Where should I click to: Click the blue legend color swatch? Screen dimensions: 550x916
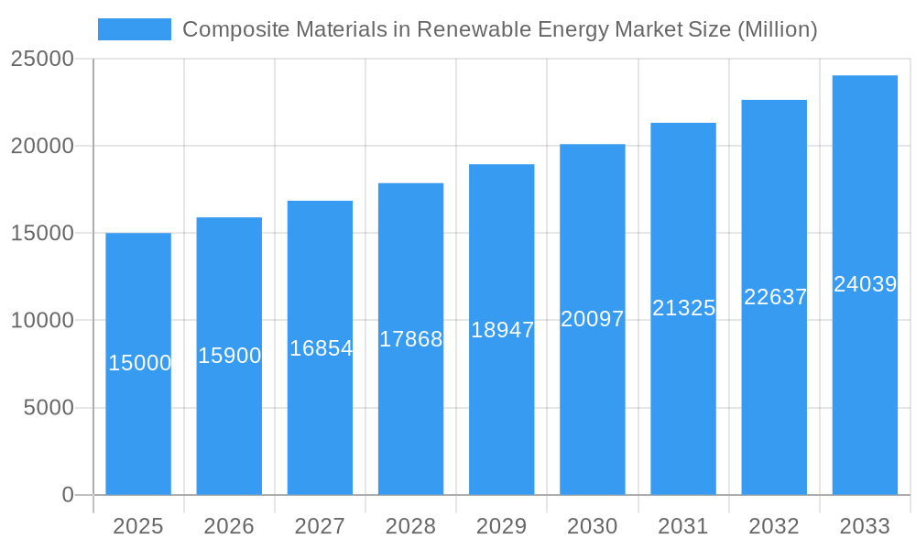135,29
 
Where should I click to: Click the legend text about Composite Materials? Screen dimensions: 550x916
499,29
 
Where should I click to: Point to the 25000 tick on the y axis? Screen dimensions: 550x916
41,59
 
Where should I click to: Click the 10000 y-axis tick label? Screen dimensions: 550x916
41,321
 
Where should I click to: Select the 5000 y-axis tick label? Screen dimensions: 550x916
48,408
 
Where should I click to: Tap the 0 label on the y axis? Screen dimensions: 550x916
68,495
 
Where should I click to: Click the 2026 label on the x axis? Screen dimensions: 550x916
229,526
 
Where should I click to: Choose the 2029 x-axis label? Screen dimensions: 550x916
501,526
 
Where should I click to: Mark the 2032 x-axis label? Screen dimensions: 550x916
774,526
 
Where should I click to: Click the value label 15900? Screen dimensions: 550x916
230,356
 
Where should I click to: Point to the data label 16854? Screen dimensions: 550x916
321,348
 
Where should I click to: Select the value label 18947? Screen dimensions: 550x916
502,330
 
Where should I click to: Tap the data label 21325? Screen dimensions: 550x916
683,308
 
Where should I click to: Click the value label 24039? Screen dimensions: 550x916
865,284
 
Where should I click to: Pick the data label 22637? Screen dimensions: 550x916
775,297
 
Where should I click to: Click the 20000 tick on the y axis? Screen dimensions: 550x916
41,146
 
